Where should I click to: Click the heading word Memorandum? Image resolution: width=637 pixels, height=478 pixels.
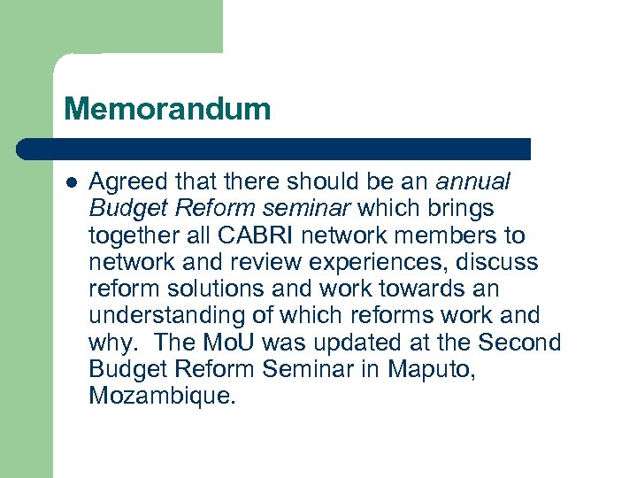tap(167, 110)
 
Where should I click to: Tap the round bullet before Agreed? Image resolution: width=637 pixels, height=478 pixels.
tap(71, 183)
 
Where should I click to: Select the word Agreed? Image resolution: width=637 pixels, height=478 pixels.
tap(126, 183)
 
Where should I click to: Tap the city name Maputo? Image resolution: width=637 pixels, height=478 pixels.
tap(431, 369)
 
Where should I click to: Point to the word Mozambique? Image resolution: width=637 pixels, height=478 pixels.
tap(163, 395)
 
